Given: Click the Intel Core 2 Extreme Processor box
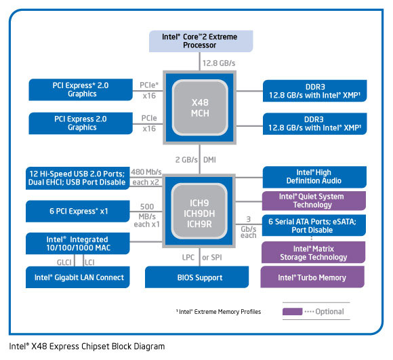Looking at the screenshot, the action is [x=201, y=41].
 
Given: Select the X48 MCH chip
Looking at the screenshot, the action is [x=199, y=108].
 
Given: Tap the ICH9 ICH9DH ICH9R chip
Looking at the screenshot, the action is [x=199, y=211].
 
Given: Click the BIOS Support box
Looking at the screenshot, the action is [x=196, y=277].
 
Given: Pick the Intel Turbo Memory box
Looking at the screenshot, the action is [x=312, y=277].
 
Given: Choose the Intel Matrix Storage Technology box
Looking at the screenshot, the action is [x=313, y=252].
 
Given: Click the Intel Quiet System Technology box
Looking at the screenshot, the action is [x=314, y=201].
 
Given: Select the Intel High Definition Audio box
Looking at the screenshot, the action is [x=314, y=177].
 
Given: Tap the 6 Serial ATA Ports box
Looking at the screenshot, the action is [x=314, y=225].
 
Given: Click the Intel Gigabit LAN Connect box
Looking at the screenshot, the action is [x=78, y=277].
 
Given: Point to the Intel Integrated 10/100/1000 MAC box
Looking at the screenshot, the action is [x=78, y=243].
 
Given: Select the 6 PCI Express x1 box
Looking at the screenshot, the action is [x=78, y=211].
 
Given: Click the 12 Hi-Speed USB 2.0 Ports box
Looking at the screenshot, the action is [x=78, y=178].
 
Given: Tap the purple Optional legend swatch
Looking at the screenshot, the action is [x=292, y=312].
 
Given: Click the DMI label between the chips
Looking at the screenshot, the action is [x=209, y=160].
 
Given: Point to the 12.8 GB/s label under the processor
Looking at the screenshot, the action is [x=219, y=63].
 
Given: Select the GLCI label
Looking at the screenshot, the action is [x=64, y=262].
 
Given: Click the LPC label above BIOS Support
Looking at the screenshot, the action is [x=188, y=257].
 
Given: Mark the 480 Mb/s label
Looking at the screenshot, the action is [x=146, y=172].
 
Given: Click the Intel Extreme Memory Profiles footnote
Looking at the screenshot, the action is [x=219, y=312].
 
